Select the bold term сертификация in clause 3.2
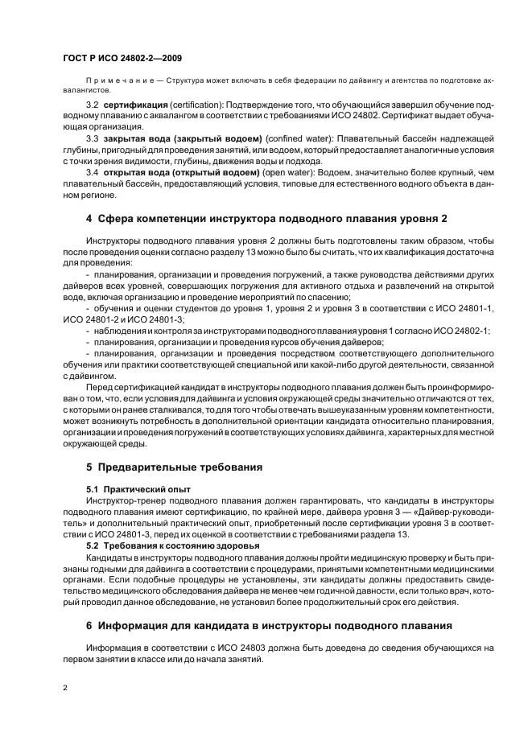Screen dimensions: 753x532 (x=135, y=105)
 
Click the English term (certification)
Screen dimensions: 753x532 (x=196, y=105)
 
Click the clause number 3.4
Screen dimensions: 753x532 (x=92, y=172)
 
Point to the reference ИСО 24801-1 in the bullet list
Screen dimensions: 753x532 (x=465, y=308)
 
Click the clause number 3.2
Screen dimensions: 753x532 (x=92, y=105)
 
